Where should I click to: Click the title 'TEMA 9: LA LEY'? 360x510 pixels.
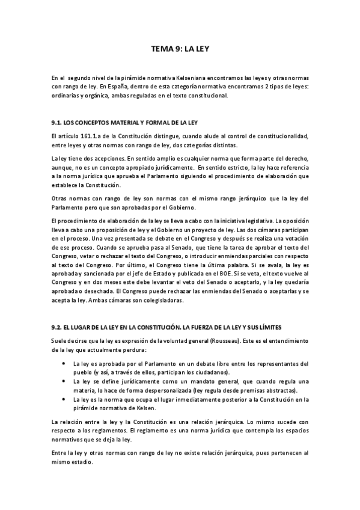pyautogui.click(x=180, y=52)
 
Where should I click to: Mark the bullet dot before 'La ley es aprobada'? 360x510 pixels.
pyautogui.click(x=64, y=364)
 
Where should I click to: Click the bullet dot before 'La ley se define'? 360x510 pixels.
pyautogui.click(x=64, y=381)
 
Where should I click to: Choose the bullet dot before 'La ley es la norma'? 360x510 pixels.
pyautogui.click(x=64, y=399)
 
